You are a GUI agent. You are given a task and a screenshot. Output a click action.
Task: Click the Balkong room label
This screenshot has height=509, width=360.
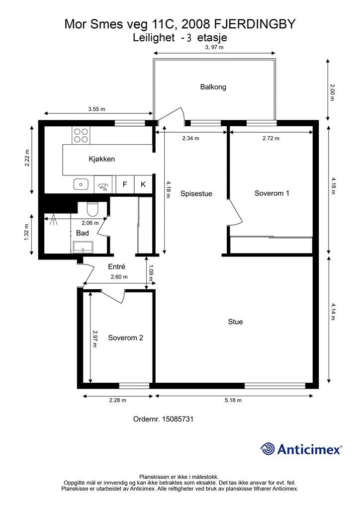213,87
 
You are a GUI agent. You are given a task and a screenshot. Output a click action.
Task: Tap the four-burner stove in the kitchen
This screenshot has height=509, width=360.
81,135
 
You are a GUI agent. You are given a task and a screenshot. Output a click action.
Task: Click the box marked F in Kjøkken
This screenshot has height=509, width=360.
125,184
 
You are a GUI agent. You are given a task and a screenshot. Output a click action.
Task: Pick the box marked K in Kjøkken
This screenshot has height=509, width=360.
143,184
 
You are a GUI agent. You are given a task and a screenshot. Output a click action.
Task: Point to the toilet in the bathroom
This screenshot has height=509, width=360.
92,208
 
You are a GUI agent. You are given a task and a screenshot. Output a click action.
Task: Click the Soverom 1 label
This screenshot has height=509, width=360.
271,193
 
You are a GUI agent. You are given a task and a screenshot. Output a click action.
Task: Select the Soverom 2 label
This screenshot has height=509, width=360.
126,338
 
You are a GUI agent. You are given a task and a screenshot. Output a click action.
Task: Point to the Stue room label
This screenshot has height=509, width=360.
235,322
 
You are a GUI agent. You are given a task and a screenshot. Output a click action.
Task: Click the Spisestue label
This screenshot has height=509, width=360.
196,194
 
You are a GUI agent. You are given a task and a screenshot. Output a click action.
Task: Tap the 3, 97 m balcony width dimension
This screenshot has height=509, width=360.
214,47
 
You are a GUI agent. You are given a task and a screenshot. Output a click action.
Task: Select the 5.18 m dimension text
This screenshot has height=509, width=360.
233,400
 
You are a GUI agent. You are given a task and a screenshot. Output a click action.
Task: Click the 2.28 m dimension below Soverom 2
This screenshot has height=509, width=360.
117,400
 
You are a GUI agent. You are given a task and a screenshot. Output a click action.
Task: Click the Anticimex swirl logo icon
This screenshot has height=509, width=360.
268,449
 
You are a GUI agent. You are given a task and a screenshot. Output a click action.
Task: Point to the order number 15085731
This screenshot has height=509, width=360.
178,419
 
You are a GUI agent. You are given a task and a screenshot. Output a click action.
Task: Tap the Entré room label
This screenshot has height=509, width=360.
116,266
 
